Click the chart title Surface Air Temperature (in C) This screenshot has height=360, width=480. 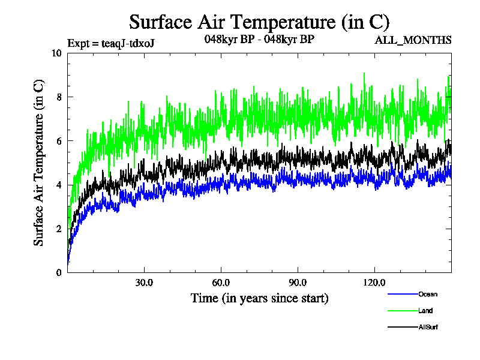259,22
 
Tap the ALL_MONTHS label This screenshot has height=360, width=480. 413,41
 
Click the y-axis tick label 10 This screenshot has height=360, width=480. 57,53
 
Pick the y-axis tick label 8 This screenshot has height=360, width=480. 59,97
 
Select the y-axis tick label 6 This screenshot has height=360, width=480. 59,141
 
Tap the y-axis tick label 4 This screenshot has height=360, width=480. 59,185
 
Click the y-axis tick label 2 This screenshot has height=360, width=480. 59,229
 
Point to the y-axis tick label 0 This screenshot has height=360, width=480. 59,272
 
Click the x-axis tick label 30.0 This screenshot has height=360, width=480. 144,283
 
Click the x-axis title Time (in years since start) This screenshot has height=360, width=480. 259,298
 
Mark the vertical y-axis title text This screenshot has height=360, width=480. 38,163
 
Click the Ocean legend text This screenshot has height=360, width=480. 428,294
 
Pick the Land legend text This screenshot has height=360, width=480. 425,311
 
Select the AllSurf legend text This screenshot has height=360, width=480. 428,327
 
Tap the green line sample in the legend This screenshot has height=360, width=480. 403,311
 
